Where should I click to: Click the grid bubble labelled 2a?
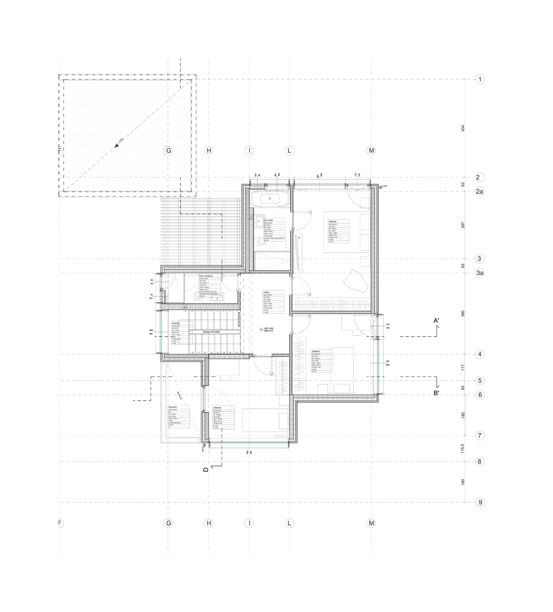point(479,191)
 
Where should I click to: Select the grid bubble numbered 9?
point(480,502)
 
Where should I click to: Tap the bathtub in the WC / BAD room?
point(270,199)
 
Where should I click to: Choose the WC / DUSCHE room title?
point(206,276)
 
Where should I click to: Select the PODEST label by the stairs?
point(176,323)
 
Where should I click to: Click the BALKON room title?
point(173,407)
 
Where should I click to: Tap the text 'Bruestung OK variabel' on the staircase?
point(211,332)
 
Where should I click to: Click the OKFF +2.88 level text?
point(269,328)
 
